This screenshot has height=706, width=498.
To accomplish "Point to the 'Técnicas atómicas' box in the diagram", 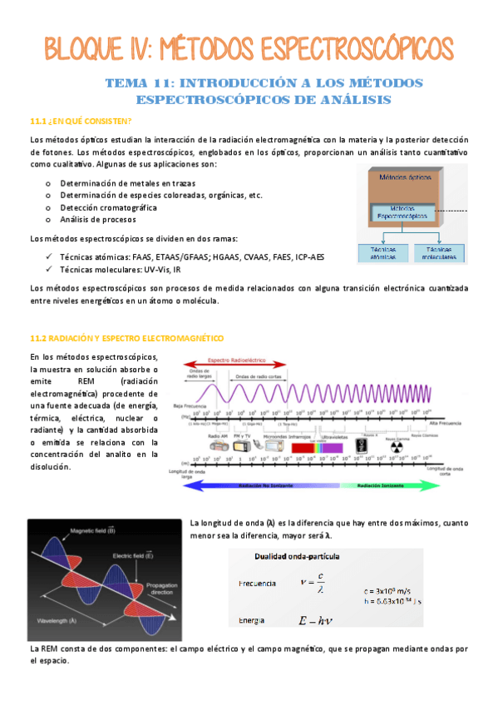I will point(385,252).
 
